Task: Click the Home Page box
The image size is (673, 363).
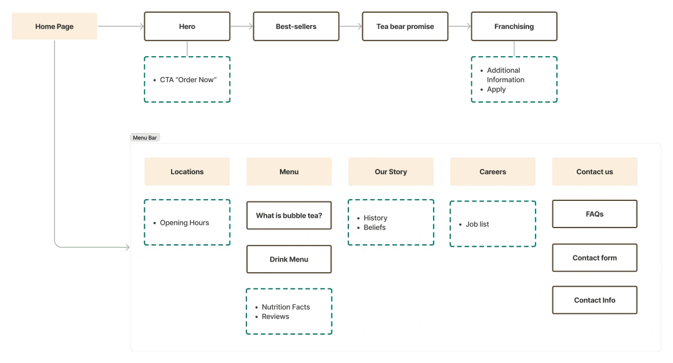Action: [x=54, y=26]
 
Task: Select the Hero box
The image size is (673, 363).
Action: [x=187, y=26]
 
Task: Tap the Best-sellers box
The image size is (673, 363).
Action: [x=296, y=26]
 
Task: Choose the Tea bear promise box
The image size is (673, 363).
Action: [x=405, y=26]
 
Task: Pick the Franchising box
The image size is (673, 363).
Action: [x=514, y=26]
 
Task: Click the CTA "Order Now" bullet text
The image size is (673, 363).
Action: [x=188, y=80]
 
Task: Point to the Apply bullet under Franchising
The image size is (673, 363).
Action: [x=496, y=90]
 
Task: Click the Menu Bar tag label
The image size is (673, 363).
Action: [x=145, y=138]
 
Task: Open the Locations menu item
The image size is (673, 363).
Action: [x=187, y=171]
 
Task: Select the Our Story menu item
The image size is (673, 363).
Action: [x=391, y=171]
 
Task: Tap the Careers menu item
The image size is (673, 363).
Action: [x=493, y=171]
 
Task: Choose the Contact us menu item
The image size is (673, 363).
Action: [x=595, y=171]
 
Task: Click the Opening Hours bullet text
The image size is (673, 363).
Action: [x=184, y=223]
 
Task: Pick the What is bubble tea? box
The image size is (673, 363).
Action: [x=289, y=215]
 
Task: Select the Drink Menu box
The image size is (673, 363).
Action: [x=289, y=259]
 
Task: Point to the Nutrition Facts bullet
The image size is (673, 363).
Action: [x=286, y=307]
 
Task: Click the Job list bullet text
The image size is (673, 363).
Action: [x=477, y=224]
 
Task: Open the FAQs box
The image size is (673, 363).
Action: [x=595, y=214]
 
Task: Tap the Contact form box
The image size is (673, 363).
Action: [x=595, y=258]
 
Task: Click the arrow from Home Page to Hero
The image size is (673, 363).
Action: [x=121, y=26]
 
